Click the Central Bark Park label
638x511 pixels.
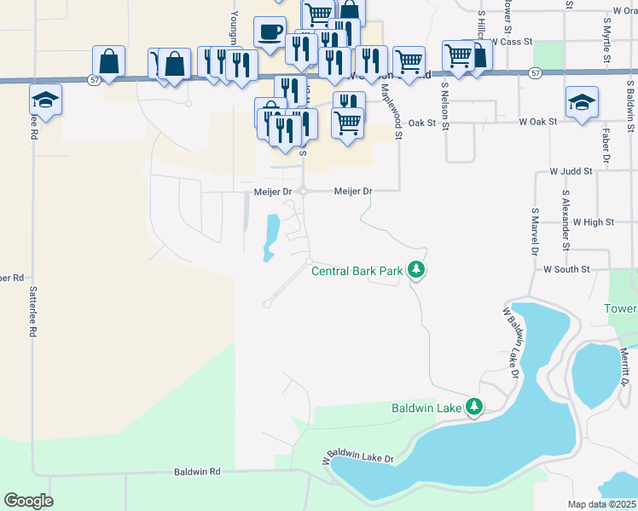[x=356, y=272]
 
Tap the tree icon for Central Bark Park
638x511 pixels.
[x=416, y=271]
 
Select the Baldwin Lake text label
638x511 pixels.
[x=426, y=409]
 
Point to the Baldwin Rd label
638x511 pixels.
[x=197, y=471]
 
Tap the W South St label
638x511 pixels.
[x=566, y=269]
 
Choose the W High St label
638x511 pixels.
[x=594, y=221]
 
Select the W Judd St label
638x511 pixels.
[x=571, y=171]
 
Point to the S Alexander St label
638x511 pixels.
[x=565, y=221]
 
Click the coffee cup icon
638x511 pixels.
[x=270, y=32]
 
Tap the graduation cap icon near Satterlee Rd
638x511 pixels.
[x=45, y=99]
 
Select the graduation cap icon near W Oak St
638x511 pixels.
[x=582, y=102]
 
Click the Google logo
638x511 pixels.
[x=28, y=501]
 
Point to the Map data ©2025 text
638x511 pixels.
[x=602, y=504]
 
